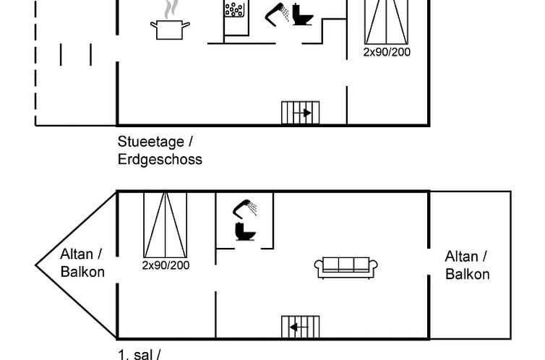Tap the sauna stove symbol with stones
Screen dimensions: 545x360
(235, 9)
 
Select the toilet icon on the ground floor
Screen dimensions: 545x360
(302, 14)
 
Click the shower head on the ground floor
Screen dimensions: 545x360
(277, 14)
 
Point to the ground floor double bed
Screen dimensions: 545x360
(386, 22)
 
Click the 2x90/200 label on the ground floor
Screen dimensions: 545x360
(387, 52)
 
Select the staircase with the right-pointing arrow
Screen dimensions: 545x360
(300, 113)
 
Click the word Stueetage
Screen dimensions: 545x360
(151, 142)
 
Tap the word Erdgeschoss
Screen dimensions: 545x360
(160, 160)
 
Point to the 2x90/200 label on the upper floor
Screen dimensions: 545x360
(166, 265)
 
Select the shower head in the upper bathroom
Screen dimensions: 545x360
(245, 209)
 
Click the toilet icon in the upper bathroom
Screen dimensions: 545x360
(245, 231)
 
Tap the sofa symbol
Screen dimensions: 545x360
(346, 267)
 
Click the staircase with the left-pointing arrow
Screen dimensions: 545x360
(300, 327)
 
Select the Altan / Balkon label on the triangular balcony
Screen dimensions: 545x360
(82, 263)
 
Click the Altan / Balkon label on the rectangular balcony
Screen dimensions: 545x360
(467, 265)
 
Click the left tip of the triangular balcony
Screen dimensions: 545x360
(35, 265)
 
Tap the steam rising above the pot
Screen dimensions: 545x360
(171, 9)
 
